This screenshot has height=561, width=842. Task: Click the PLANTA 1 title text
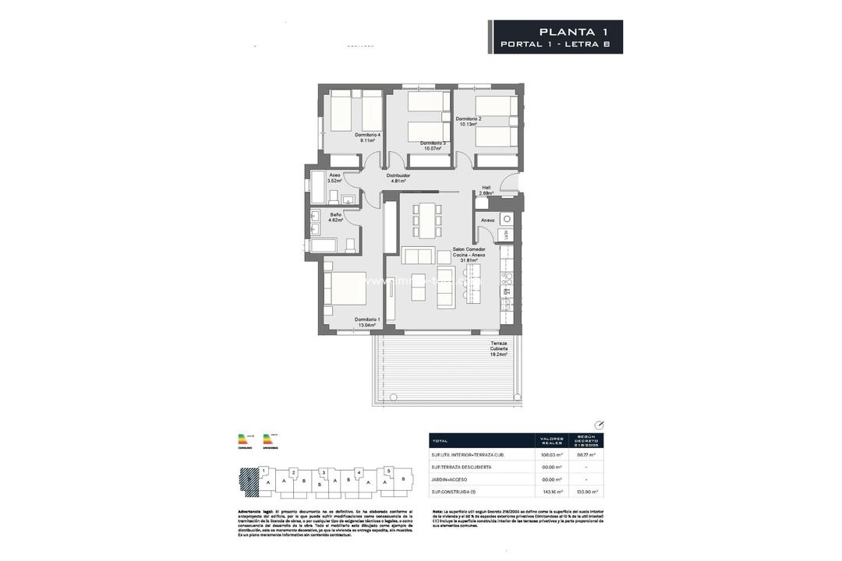coord(573,31)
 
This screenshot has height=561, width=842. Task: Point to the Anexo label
coord(488,221)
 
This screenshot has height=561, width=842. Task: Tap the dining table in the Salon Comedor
coord(426,221)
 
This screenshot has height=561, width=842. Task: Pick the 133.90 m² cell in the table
coord(586,492)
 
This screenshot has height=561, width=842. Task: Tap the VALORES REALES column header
coord(551,441)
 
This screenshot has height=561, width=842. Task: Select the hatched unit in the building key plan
coord(249,479)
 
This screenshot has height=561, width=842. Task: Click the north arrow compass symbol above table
coord(599,425)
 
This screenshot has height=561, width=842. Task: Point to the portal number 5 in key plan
coord(388,471)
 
